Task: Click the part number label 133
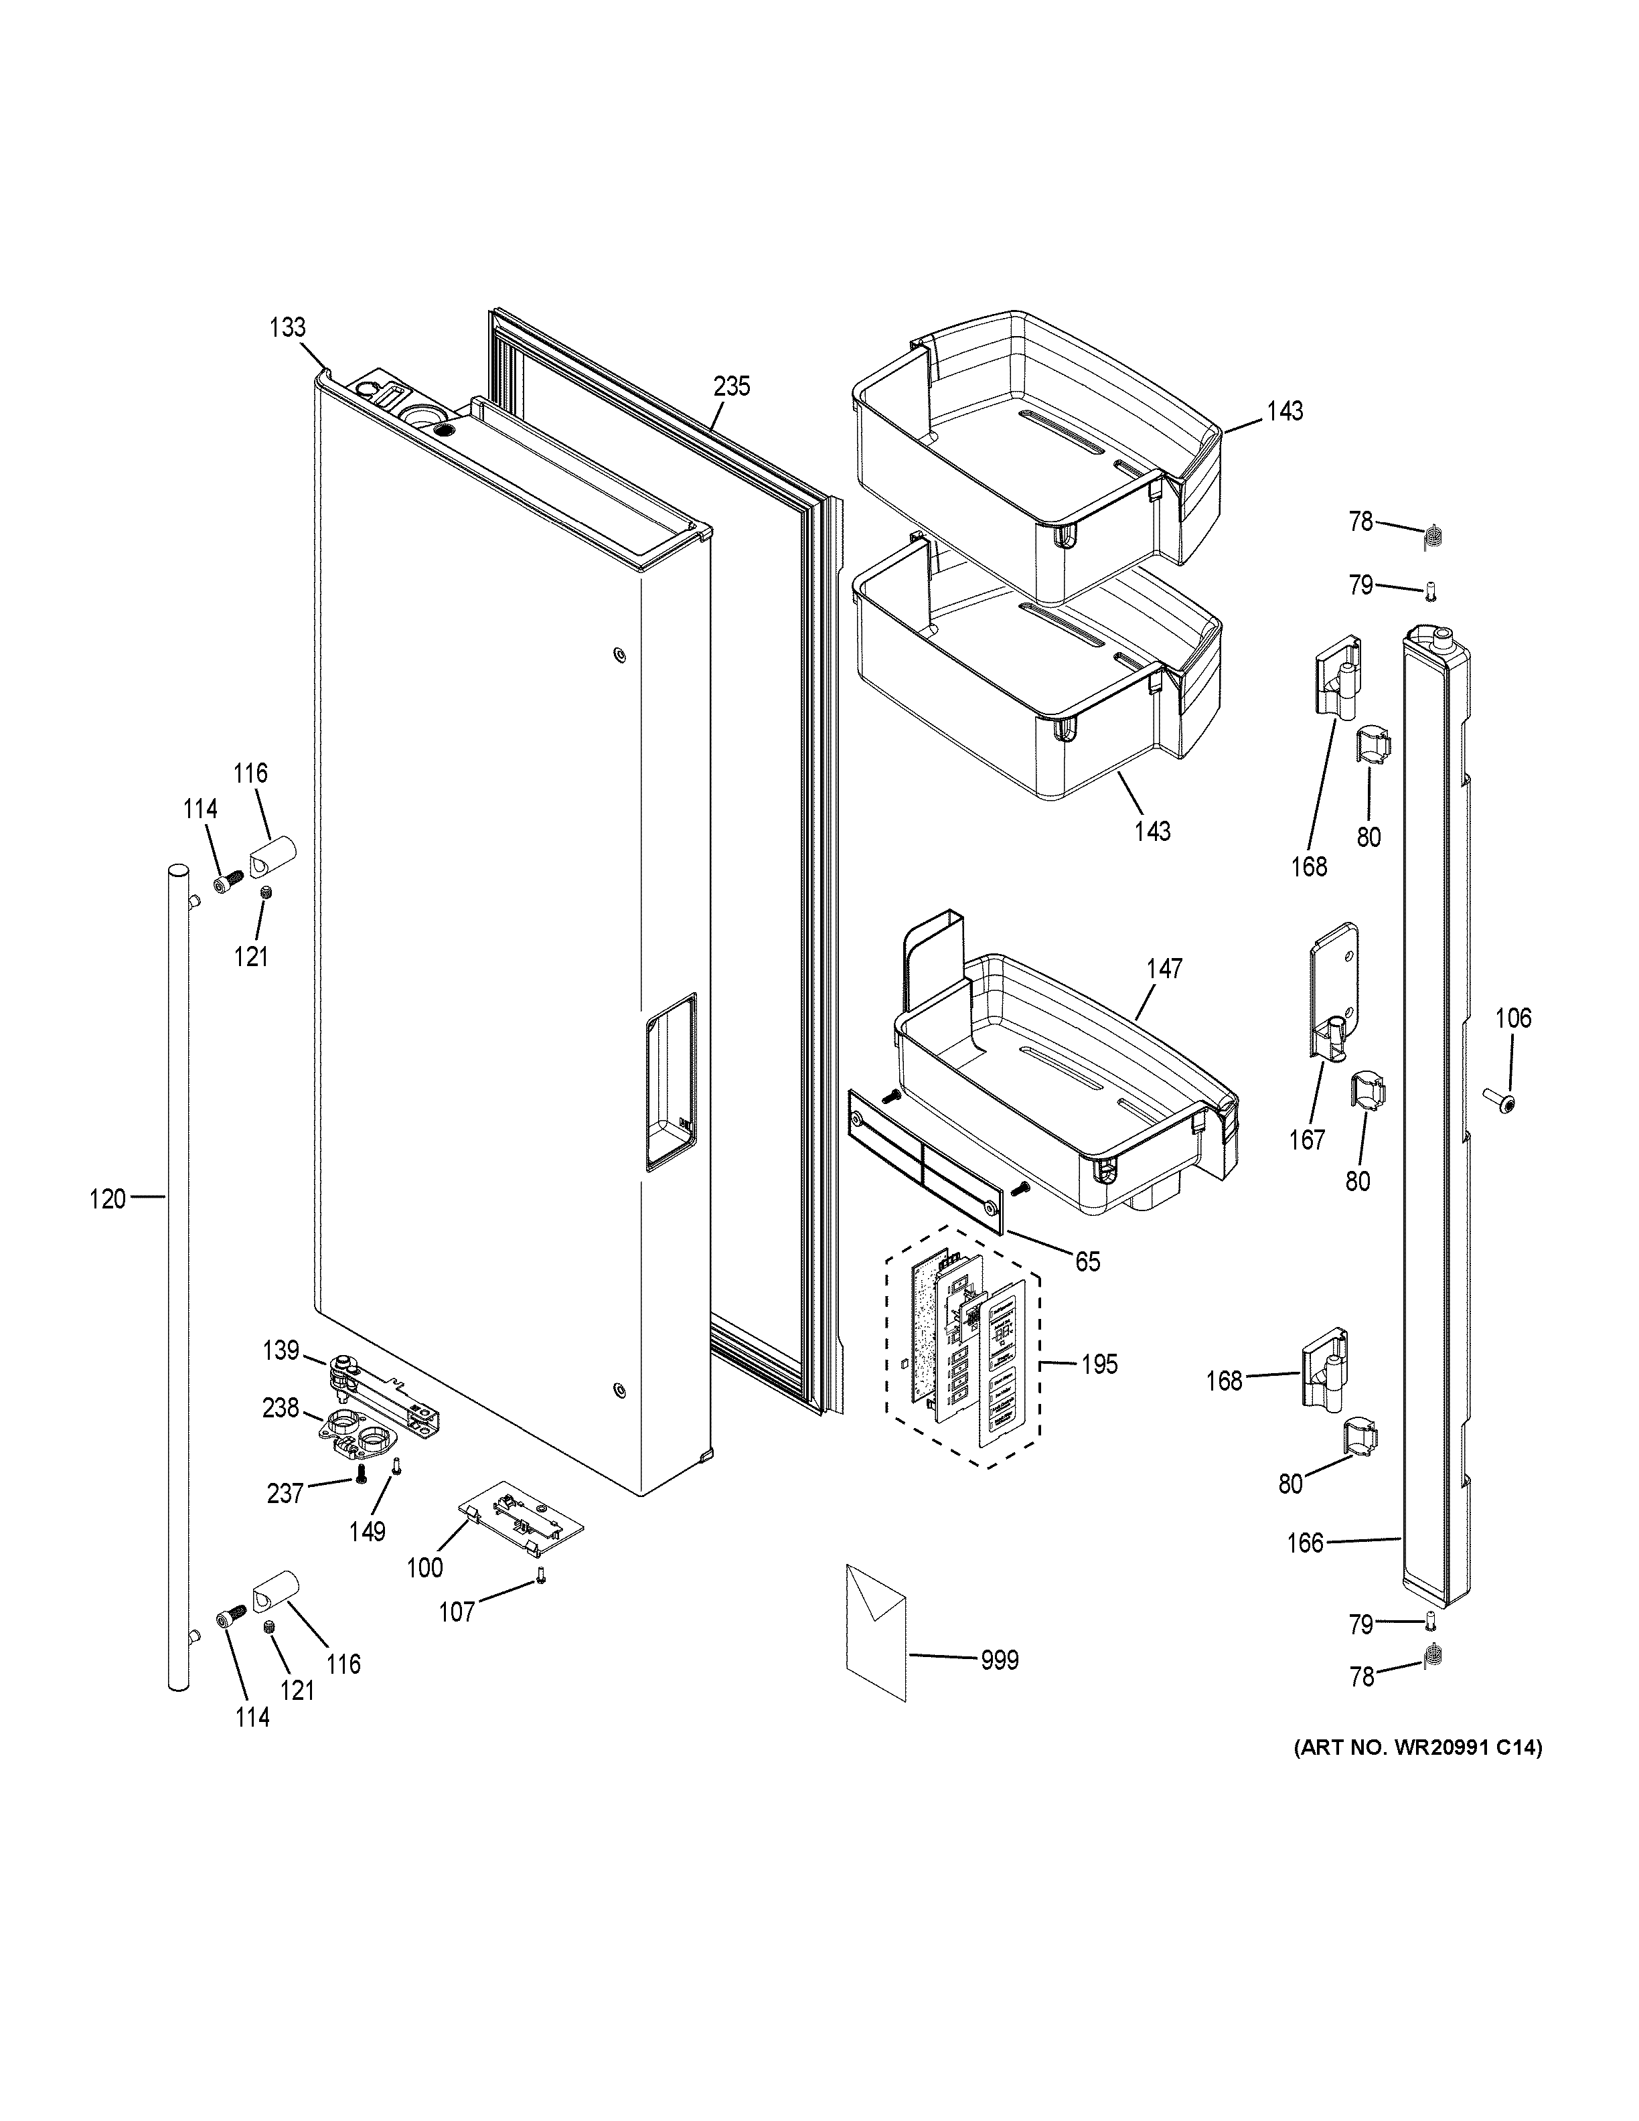click(287, 327)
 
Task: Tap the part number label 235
click(731, 386)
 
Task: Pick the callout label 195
click(1099, 1364)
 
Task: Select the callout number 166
click(1305, 1543)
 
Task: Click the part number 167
click(1307, 1140)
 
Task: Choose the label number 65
click(1087, 1261)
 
